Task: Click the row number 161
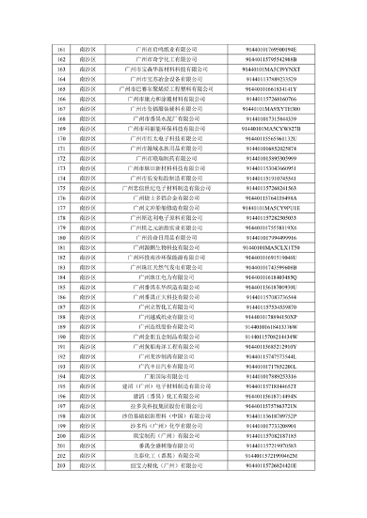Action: point(61,46)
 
